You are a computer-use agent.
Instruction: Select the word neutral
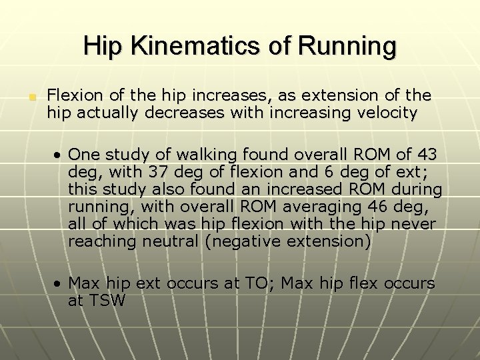[169, 241]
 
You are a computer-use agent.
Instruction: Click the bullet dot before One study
[59, 155]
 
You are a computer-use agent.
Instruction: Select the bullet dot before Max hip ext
[59, 284]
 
